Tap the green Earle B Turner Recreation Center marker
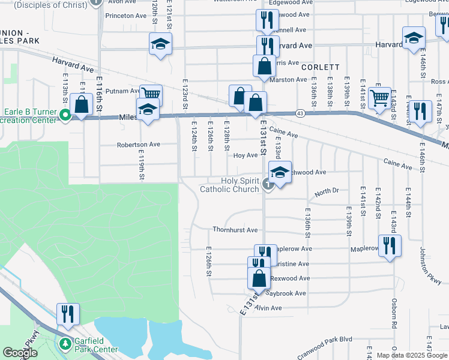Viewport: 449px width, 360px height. [x=64, y=114]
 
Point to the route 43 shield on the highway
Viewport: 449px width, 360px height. [x=300, y=113]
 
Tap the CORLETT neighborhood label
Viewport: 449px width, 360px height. [x=321, y=67]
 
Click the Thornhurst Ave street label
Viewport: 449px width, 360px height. [x=235, y=230]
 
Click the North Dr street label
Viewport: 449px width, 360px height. [x=327, y=191]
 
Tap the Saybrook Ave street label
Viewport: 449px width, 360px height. [x=286, y=293]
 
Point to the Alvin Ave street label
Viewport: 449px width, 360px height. [x=268, y=308]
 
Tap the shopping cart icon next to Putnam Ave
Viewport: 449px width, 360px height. [x=151, y=94]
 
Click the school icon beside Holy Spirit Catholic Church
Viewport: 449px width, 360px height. [x=280, y=173]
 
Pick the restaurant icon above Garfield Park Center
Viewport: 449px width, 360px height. [x=68, y=314]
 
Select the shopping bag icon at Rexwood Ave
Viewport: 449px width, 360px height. [x=259, y=279]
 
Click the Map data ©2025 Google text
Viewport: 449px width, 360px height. [x=411, y=355]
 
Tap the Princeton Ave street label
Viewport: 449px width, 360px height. [x=126, y=16]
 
